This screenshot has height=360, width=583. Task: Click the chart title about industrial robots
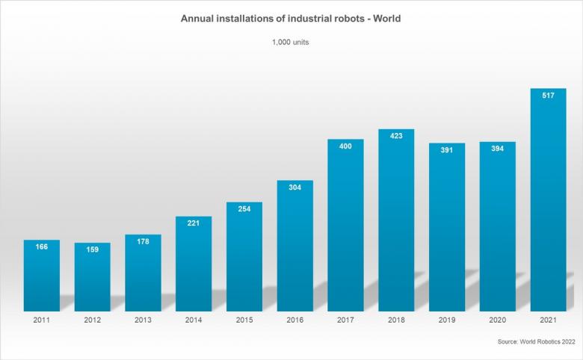[x=291, y=18]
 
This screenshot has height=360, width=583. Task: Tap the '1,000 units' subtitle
[x=291, y=43]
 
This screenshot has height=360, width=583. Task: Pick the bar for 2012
[x=92, y=276]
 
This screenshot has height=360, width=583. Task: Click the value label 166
[x=41, y=246]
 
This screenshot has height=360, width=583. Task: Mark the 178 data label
[x=143, y=241]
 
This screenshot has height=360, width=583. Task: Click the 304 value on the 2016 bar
[x=295, y=187]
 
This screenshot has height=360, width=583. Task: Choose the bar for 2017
[x=345, y=225]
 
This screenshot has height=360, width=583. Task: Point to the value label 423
[x=396, y=136]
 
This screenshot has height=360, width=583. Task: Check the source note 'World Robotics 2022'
[x=534, y=341]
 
